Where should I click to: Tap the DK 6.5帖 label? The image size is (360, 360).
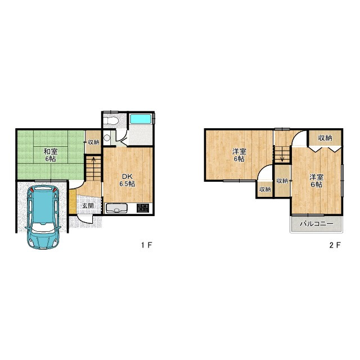pyautogui.click(x=127, y=180)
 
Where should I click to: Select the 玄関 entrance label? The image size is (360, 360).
pyautogui.click(x=88, y=205)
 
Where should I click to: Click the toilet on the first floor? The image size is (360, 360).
pyautogui.click(x=110, y=121)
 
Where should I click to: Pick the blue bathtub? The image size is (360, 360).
pyautogui.click(x=141, y=119)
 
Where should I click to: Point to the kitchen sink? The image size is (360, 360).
pyautogui.click(x=116, y=209)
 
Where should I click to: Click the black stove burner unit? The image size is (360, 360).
pyautogui.click(x=142, y=208)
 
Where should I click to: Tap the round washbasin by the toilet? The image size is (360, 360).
pyautogui.click(x=107, y=138)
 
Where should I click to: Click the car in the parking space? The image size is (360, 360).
pyautogui.click(x=43, y=217)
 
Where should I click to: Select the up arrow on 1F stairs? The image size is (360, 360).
pyautogui.click(x=94, y=160)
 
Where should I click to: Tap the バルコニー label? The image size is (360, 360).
pyautogui.click(x=317, y=224)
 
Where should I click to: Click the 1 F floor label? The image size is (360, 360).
pyautogui.click(x=147, y=245)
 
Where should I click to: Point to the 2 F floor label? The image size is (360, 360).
pyautogui.click(x=335, y=245)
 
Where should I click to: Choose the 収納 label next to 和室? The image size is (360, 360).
pyautogui.click(x=94, y=142)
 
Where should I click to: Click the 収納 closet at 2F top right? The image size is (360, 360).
pyautogui.click(x=325, y=138)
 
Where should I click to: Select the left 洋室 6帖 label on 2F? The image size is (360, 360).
pyautogui.click(x=239, y=155)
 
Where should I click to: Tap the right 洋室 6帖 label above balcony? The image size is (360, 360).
pyautogui.click(x=316, y=181)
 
